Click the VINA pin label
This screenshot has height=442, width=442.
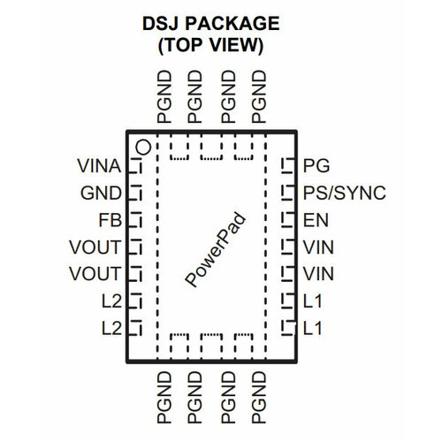pyautogui.click(x=99, y=165)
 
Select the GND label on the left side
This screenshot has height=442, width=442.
pyautogui.click(x=104, y=193)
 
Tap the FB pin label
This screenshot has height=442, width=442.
pyautogui.click(x=112, y=220)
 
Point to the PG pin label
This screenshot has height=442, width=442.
pyautogui.click(x=315, y=165)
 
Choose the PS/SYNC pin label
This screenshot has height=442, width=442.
pyautogui.click(x=343, y=193)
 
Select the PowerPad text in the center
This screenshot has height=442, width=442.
pyautogui.click(x=217, y=249)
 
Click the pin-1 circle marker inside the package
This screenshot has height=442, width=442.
pyautogui.click(x=142, y=144)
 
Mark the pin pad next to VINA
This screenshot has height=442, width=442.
pyautogui.click(x=136, y=165)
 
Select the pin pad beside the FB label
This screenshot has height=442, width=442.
pyautogui.click(x=136, y=220)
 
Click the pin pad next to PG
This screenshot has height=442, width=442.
pyautogui.click(x=286, y=165)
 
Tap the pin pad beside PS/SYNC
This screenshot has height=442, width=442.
pyautogui.click(x=286, y=193)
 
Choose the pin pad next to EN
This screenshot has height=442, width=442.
pyautogui.click(x=286, y=220)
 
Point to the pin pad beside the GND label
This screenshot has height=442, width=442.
pyautogui.click(x=136, y=193)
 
